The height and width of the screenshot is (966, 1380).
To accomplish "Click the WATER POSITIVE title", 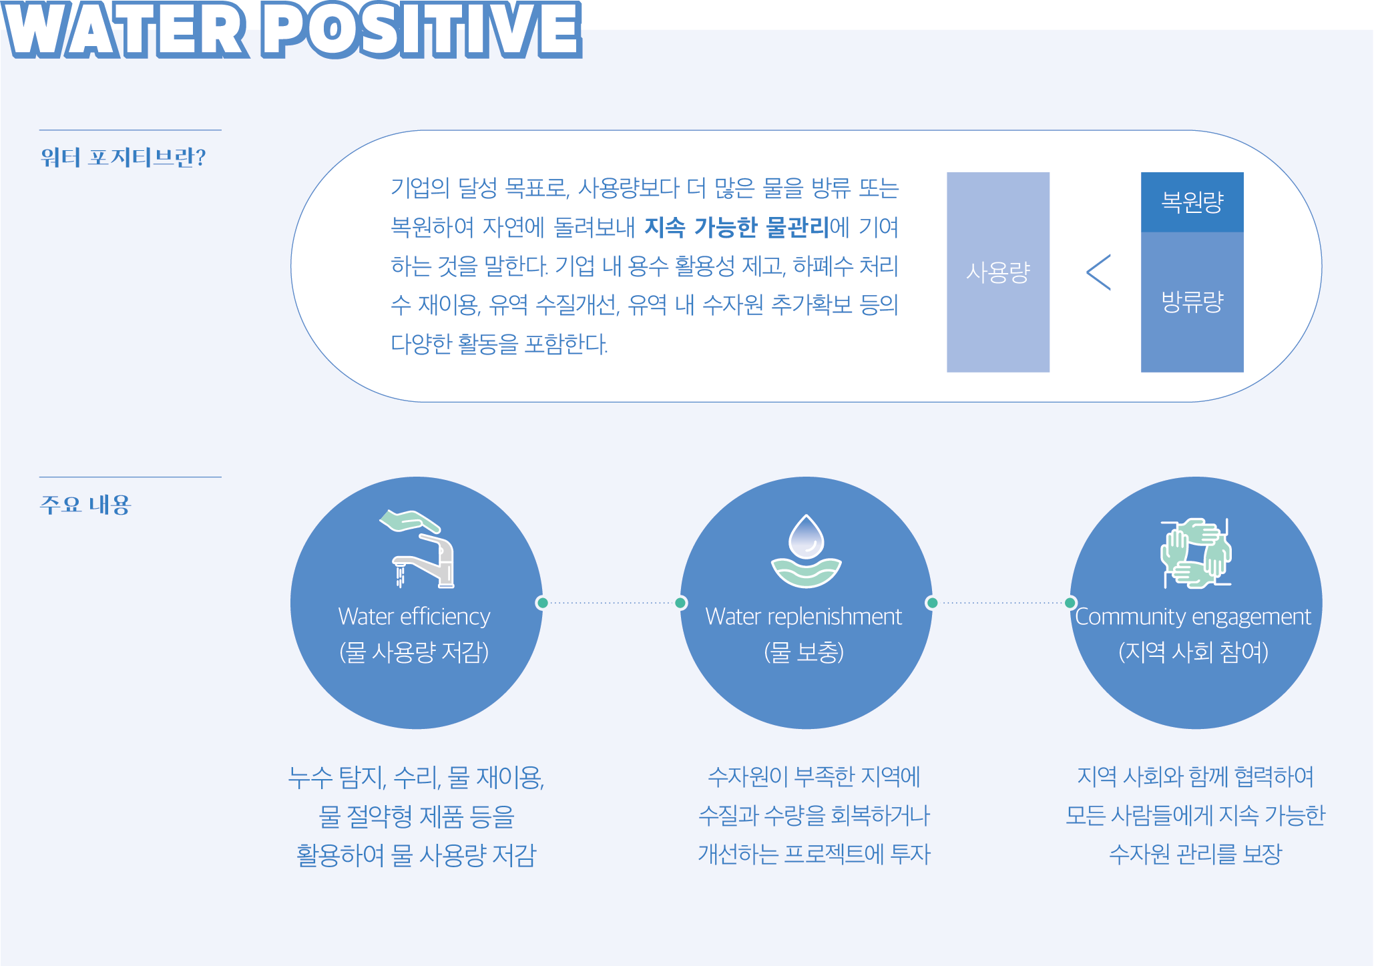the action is point(292,29).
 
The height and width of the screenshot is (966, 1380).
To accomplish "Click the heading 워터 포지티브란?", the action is point(124,158).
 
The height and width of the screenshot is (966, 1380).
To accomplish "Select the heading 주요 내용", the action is point(85,505).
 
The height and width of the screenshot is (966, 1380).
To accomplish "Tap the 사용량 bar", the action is point(998,272).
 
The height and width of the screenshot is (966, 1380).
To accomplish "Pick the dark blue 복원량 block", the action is point(1192,202).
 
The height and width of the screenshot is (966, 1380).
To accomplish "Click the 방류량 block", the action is point(1192,302).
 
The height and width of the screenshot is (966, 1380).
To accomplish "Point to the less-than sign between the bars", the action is point(1098,272).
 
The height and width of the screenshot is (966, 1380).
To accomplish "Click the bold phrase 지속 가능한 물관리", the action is point(737,227).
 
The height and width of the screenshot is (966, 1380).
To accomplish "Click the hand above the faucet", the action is point(409,521).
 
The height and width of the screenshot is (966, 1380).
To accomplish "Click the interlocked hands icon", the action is point(1196,553).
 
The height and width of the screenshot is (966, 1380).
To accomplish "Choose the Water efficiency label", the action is point(415,616).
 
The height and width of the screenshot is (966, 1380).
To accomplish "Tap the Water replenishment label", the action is point(804,616).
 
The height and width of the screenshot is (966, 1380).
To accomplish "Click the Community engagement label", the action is point(1193,617).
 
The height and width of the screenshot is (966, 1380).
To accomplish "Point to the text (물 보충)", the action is point(804,652).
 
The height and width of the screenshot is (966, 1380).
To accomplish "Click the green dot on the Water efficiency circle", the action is point(542,603).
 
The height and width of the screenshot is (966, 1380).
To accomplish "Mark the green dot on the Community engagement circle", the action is point(1070,603).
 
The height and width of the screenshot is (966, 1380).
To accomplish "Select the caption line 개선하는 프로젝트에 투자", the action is point(814,854).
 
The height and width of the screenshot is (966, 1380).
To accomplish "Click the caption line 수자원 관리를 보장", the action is point(1195,854).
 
